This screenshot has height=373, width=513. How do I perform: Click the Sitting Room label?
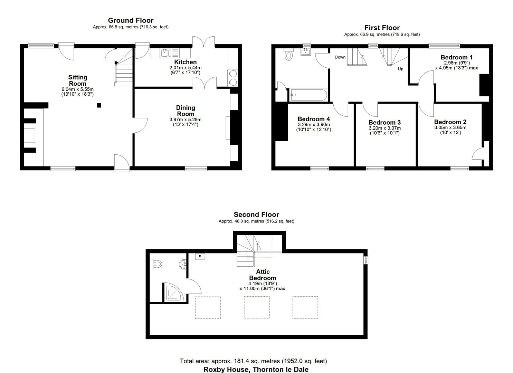pos(77,80)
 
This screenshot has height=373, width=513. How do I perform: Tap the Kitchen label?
pos(185,62)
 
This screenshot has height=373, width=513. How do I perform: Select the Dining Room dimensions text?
pos(185,122)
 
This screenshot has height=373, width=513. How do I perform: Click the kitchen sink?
pos(165,53)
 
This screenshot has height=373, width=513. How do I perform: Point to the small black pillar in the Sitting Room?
pos(99,105)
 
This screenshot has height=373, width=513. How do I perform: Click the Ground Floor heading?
pos(131,20)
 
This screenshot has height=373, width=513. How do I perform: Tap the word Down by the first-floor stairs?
pos(340,57)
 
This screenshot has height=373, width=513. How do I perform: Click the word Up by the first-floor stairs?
pos(400,69)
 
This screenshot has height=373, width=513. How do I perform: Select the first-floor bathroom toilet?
pos(288,55)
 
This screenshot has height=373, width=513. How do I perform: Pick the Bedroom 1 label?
pos(456,57)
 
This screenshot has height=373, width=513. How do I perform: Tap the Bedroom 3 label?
pos(384,122)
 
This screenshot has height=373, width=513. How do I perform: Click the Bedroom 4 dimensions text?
pos(314,127)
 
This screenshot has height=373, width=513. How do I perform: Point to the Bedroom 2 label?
pos(450,122)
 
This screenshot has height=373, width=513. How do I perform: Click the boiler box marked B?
pos(200,256)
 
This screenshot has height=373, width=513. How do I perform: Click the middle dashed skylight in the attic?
pos(256,307)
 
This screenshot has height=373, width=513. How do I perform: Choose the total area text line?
pos(253,361)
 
